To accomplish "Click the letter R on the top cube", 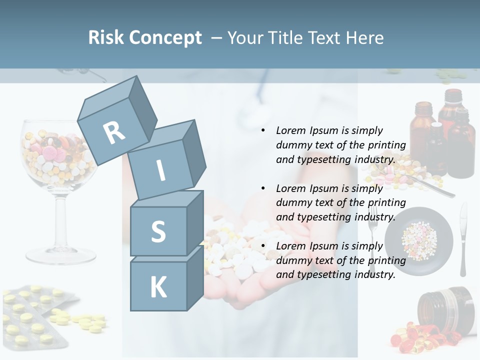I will pos(114,132).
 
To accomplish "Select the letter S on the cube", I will pos(158,231).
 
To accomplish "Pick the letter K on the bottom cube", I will pos(158,287).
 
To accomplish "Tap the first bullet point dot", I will pos(263,130).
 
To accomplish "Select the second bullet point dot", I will pos(263,188).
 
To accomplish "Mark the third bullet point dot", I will pos(263,246).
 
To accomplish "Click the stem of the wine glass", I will pos(60,220).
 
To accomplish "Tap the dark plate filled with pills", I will pos(419,241).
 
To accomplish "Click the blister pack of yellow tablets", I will pos(35,315).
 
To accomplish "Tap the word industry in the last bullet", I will pos(374,274).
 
